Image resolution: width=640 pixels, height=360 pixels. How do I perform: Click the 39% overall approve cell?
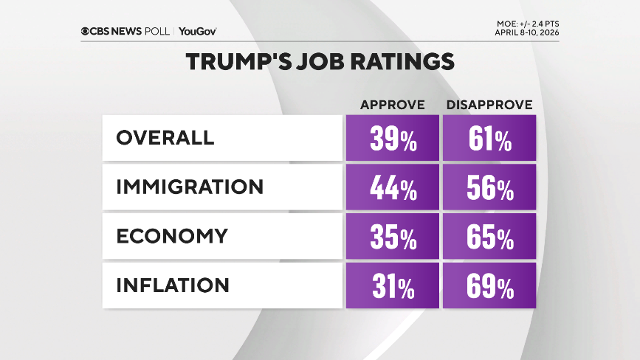coord(392,138)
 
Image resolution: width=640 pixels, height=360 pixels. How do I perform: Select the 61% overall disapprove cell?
coord(489,138)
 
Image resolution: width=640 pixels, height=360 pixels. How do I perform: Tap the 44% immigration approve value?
coord(392,187)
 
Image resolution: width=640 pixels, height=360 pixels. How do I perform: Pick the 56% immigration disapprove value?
coord(489,187)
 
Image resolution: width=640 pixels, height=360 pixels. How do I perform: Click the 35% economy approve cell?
coord(392,236)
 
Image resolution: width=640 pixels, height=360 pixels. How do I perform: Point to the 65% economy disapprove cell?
coord(489,236)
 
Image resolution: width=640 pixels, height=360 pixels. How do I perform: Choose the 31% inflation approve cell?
coord(392,285)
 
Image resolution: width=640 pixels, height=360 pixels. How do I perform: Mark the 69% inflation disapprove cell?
coord(489,285)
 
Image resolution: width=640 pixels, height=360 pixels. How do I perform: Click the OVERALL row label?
coord(165,138)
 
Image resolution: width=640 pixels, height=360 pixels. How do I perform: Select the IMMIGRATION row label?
coord(190,187)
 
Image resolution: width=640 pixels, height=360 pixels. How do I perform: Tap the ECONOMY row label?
coord(172,236)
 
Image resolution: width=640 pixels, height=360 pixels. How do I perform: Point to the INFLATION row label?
coord(173,285)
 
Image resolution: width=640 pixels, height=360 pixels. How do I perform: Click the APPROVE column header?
coord(392,105)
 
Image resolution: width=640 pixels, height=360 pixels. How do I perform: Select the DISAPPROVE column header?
coord(489,105)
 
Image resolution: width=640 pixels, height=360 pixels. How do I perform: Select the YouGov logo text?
coord(197,31)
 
